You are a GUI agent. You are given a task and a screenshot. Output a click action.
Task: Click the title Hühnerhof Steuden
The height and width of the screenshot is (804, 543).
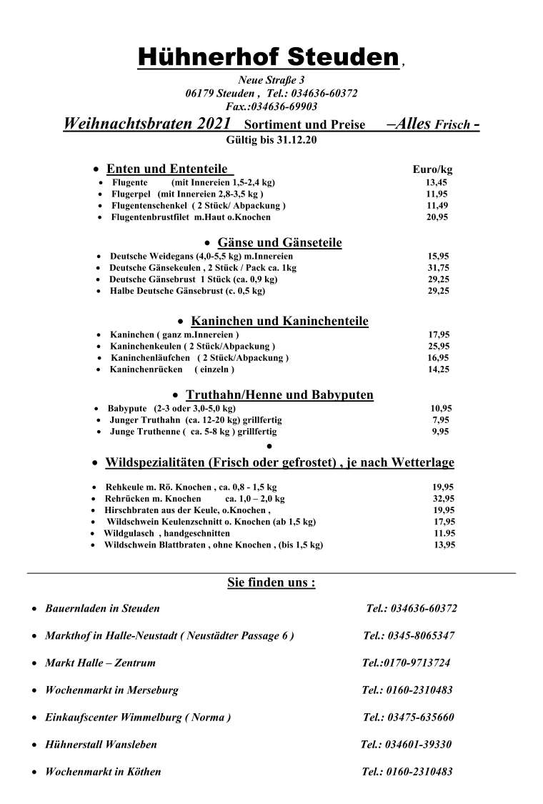(268, 56)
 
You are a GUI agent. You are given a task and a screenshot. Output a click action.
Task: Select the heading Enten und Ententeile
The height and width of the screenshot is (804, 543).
(167, 169)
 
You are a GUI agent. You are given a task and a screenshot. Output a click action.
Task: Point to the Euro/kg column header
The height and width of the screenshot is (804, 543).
(432, 170)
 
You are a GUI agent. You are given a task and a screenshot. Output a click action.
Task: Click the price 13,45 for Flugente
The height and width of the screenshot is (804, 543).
(437, 182)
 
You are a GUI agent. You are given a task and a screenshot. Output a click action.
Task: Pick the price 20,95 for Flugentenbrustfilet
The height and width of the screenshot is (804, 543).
(437, 217)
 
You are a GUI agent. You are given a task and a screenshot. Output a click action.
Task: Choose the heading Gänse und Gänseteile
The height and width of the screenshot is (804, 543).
(279, 243)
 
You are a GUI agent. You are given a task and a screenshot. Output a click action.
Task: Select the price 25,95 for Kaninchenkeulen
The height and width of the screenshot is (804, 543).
(439, 346)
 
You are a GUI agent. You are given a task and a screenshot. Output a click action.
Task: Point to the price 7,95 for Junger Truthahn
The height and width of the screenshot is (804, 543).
(441, 420)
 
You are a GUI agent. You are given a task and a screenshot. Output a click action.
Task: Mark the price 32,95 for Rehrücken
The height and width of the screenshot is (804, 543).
(444, 498)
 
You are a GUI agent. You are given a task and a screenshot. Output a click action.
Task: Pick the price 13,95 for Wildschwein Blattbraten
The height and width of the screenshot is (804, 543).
(444, 545)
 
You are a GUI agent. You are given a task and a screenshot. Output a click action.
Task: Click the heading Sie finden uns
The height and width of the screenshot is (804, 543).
(271, 582)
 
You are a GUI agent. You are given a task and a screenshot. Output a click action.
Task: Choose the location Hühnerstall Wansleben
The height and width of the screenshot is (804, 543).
(101, 744)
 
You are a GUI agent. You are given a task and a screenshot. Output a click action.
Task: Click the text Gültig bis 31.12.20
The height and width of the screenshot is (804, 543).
(271, 139)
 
